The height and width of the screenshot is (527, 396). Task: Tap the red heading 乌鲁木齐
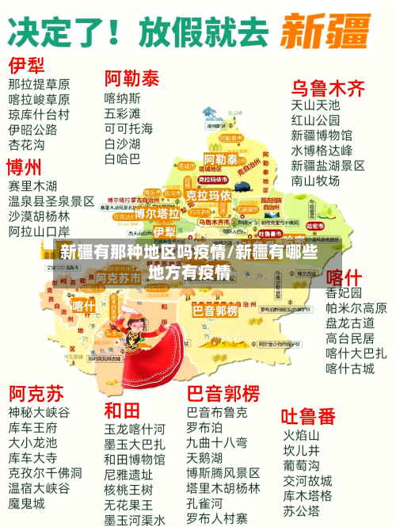(x=329, y=87)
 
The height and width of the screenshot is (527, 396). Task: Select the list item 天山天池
(x=315, y=105)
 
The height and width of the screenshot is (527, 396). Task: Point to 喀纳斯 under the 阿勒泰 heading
(x=123, y=98)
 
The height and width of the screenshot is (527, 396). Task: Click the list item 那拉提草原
(x=39, y=83)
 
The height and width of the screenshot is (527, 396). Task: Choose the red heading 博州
(x=24, y=168)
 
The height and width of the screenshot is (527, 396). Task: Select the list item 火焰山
(x=302, y=435)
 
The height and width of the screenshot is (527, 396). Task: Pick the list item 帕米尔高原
(x=356, y=308)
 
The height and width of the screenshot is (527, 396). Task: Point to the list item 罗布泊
(x=205, y=427)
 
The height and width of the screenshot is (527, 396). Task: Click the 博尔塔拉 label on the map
(x=157, y=213)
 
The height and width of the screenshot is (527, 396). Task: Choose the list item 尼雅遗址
(x=128, y=474)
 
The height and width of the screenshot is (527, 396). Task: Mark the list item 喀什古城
(x=350, y=369)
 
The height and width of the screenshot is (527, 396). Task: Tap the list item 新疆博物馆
(x=322, y=135)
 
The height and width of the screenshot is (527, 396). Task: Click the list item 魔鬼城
(x=27, y=503)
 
